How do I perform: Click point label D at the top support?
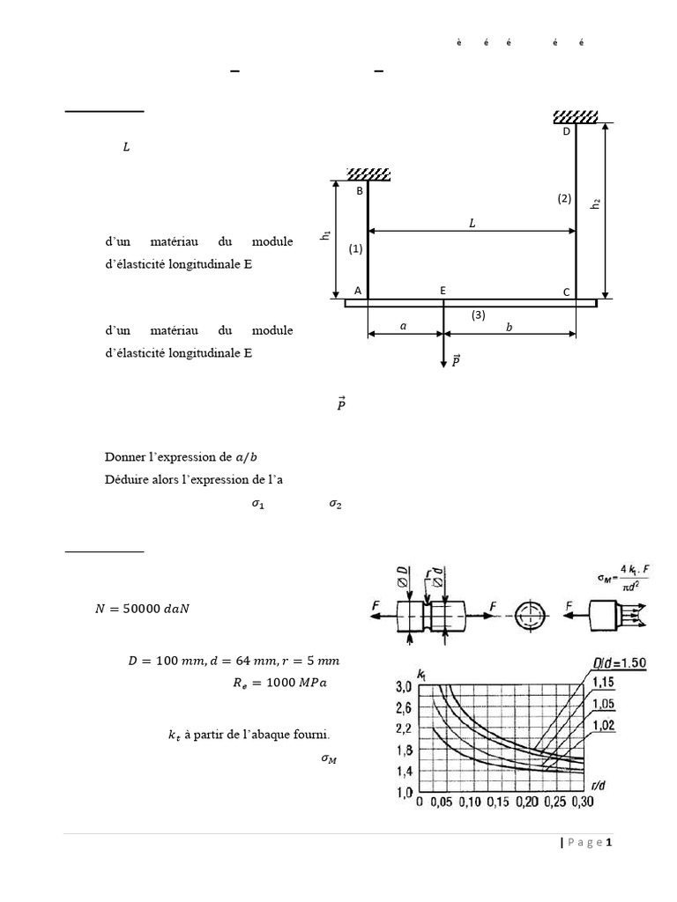(567, 131)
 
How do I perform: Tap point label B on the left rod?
(359, 190)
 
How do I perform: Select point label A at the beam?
(358, 290)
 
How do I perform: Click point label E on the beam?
(443, 290)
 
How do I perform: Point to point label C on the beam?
(567, 292)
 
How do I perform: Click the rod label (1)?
(355, 249)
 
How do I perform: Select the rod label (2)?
(564, 199)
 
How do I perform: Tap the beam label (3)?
(478, 314)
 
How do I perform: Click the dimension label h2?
(596, 203)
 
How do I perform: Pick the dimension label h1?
(325, 235)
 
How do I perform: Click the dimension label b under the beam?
(510, 326)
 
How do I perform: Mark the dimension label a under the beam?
(404, 326)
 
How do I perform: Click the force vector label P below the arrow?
(456, 360)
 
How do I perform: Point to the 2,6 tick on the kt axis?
(404, 707)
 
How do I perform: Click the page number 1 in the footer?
(608, 842)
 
